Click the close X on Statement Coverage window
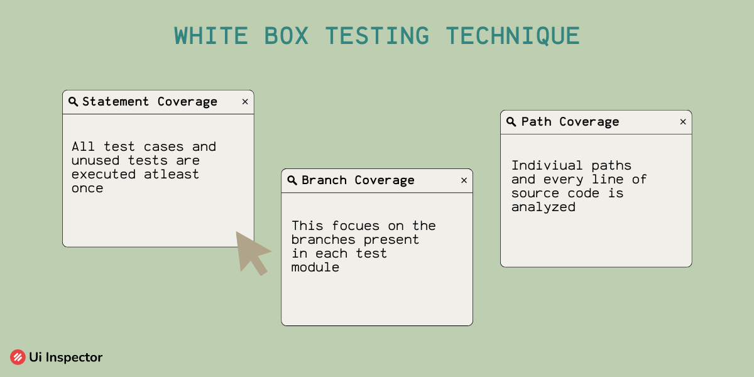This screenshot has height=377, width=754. (x=245, y=102)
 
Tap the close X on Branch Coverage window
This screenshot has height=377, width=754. (x=464, y=180)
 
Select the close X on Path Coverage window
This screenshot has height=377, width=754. (x=683, y=122)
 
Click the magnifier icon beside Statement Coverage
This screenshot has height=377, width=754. (x=73, y=102)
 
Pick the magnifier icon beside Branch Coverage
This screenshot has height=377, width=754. (x=292, y=180)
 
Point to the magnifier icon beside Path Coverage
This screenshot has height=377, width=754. (x=511, y=122)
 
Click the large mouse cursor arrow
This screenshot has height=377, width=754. (x=250, y=251)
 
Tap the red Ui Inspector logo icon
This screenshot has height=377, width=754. (x=18, y=358)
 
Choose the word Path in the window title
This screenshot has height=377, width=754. (x=536, y=122)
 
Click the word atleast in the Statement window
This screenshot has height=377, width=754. (x=171, y=174)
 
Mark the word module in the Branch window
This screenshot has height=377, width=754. (x=315, y=267)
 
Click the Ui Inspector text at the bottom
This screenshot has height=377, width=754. (x=65, y=358)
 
